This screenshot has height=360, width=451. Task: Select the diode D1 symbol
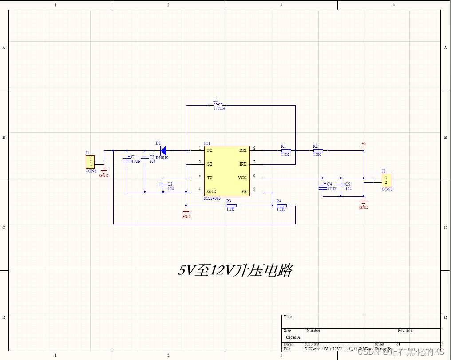click(x=163, y=150)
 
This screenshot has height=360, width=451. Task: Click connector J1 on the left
click(x=90, y=162)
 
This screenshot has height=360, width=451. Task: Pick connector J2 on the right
click(x=386, y=180)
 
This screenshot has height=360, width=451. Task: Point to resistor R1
click(x=286, y=150)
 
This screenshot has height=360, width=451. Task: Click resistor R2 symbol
click(x=318, y=150)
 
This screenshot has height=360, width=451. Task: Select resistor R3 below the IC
click(x=231, y=206)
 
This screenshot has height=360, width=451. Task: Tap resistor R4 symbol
click(x=281, y=206)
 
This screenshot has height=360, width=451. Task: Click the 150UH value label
click(x=219, y=109)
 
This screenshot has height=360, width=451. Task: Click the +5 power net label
click(x=364, y=144)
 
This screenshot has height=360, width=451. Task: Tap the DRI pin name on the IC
click(x=243, y=150)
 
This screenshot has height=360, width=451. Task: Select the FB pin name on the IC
click(x=244, y=192)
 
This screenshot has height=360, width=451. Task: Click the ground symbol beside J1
click(x=104, y=170)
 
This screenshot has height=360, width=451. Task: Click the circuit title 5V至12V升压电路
click(x=235, y=270)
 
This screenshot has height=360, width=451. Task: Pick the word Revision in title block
click(x=405, y=331)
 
